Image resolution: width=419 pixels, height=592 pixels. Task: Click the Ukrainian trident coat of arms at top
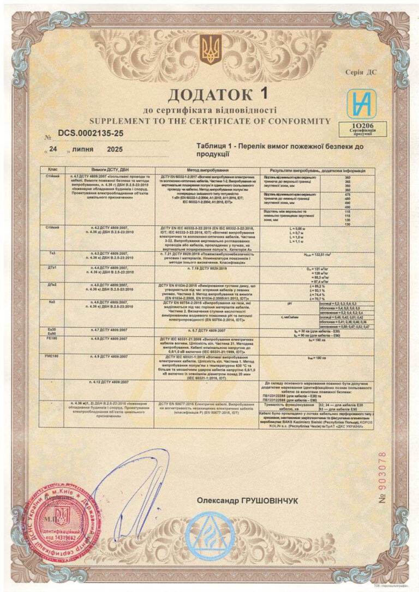pos(211,50)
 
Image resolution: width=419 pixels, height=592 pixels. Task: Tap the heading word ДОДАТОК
pos(202,95)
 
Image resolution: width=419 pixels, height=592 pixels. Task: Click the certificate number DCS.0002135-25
pos(91,132)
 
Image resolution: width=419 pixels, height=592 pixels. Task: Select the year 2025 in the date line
pos(115,149)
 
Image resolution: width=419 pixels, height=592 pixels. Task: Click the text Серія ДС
pos(361,72)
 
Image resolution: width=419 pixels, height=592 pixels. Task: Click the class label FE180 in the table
pos(53,338)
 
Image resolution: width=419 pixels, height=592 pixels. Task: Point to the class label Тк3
pos(53,253)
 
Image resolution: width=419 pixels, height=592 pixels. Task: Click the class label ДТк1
pos(53,268)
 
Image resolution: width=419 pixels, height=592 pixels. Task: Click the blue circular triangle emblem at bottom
pos(209,537)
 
